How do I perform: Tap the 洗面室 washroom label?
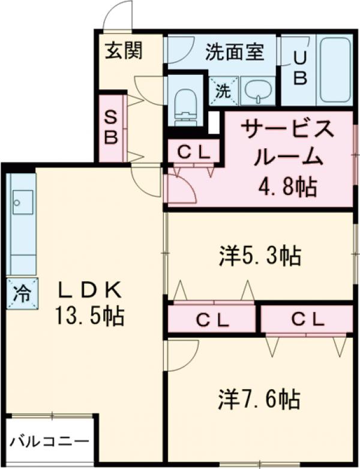point(235,52)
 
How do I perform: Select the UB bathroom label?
point(300,67)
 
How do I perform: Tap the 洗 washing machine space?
point(223,92)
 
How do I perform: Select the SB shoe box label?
point(112,127)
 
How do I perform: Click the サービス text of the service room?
point(286,130)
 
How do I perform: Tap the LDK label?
point(90,291)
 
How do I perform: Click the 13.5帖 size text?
point(90,314)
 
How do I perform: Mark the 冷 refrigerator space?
point(22,294)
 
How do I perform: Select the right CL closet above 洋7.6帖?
point(307,318)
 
